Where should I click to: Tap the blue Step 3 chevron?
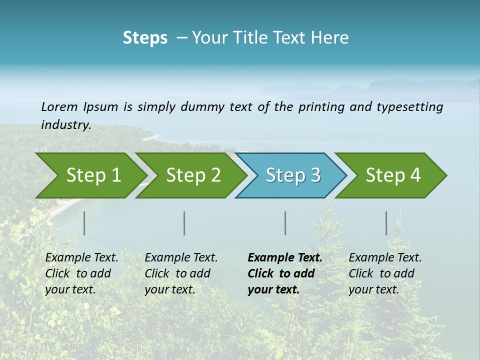pos(293,175)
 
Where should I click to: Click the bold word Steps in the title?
pos(145,38)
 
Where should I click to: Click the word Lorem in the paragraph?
pos(59,106)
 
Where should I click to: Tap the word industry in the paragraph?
pos(65,125)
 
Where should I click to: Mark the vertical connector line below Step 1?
pos(84,223)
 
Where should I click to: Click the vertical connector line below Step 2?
pos(184,223)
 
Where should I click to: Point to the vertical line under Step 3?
pos(285,223)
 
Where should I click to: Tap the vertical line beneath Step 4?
pos(386,223)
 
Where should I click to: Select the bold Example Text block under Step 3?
pos(284,273)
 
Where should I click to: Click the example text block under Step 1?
pos(81,273)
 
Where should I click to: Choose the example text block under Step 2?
pos(181,273)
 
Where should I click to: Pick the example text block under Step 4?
pos(384,273)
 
